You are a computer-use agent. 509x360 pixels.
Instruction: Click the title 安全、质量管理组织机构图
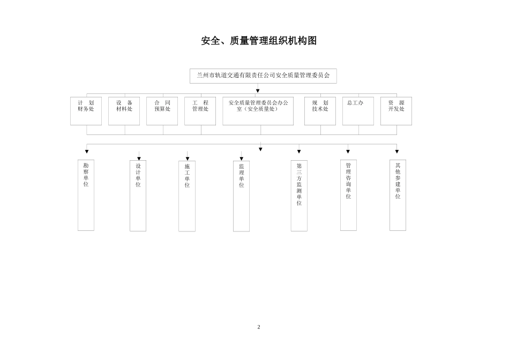pos(259,41)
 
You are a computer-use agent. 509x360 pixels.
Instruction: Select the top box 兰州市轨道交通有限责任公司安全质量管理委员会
pos(263,76)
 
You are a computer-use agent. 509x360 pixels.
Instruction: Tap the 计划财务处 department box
pos(86,111)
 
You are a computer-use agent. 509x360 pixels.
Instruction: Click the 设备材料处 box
pos(124,111)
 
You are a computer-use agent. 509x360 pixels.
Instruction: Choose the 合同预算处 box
pos(162,111)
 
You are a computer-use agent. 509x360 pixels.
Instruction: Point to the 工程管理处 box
pos(200,111)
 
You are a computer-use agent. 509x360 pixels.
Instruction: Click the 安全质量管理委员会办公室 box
pos(258,111)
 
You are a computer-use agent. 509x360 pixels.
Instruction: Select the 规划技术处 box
pos(320,111)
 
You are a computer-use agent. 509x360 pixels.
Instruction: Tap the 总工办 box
pos(358,111)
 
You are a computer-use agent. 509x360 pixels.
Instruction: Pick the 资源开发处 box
pos(396,111)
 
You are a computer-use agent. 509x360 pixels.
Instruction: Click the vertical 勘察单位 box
pos(86,195)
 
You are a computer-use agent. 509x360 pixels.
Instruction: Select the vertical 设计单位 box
pos(138,196)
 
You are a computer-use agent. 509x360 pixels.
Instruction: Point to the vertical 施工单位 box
pos(187,196)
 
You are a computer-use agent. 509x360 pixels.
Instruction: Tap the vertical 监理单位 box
pos(241,196)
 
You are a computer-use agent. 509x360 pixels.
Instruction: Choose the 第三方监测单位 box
pos(299,196)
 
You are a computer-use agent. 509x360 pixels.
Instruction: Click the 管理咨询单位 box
pos(348,195)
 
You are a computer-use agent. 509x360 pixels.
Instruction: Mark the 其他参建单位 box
pos(398,195)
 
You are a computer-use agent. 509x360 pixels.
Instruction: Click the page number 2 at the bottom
pos(258,327)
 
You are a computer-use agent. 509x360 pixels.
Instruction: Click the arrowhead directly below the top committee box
pos(258,91)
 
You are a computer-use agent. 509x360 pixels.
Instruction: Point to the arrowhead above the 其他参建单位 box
pos(397,152)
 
